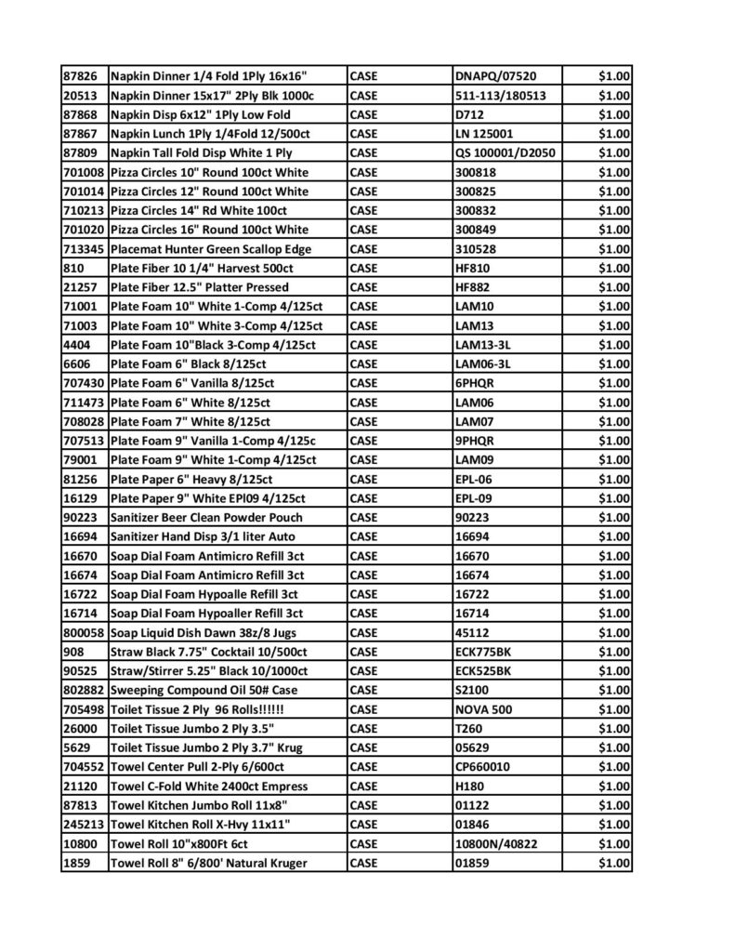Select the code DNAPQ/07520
[x=495, y=76]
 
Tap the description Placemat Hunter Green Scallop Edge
[x=211, y=249]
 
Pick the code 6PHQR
[x=475, y=383]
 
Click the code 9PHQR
[x=475, y=441]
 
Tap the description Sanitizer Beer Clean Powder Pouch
[x=206, y=517]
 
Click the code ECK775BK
[x=483, y=652]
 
